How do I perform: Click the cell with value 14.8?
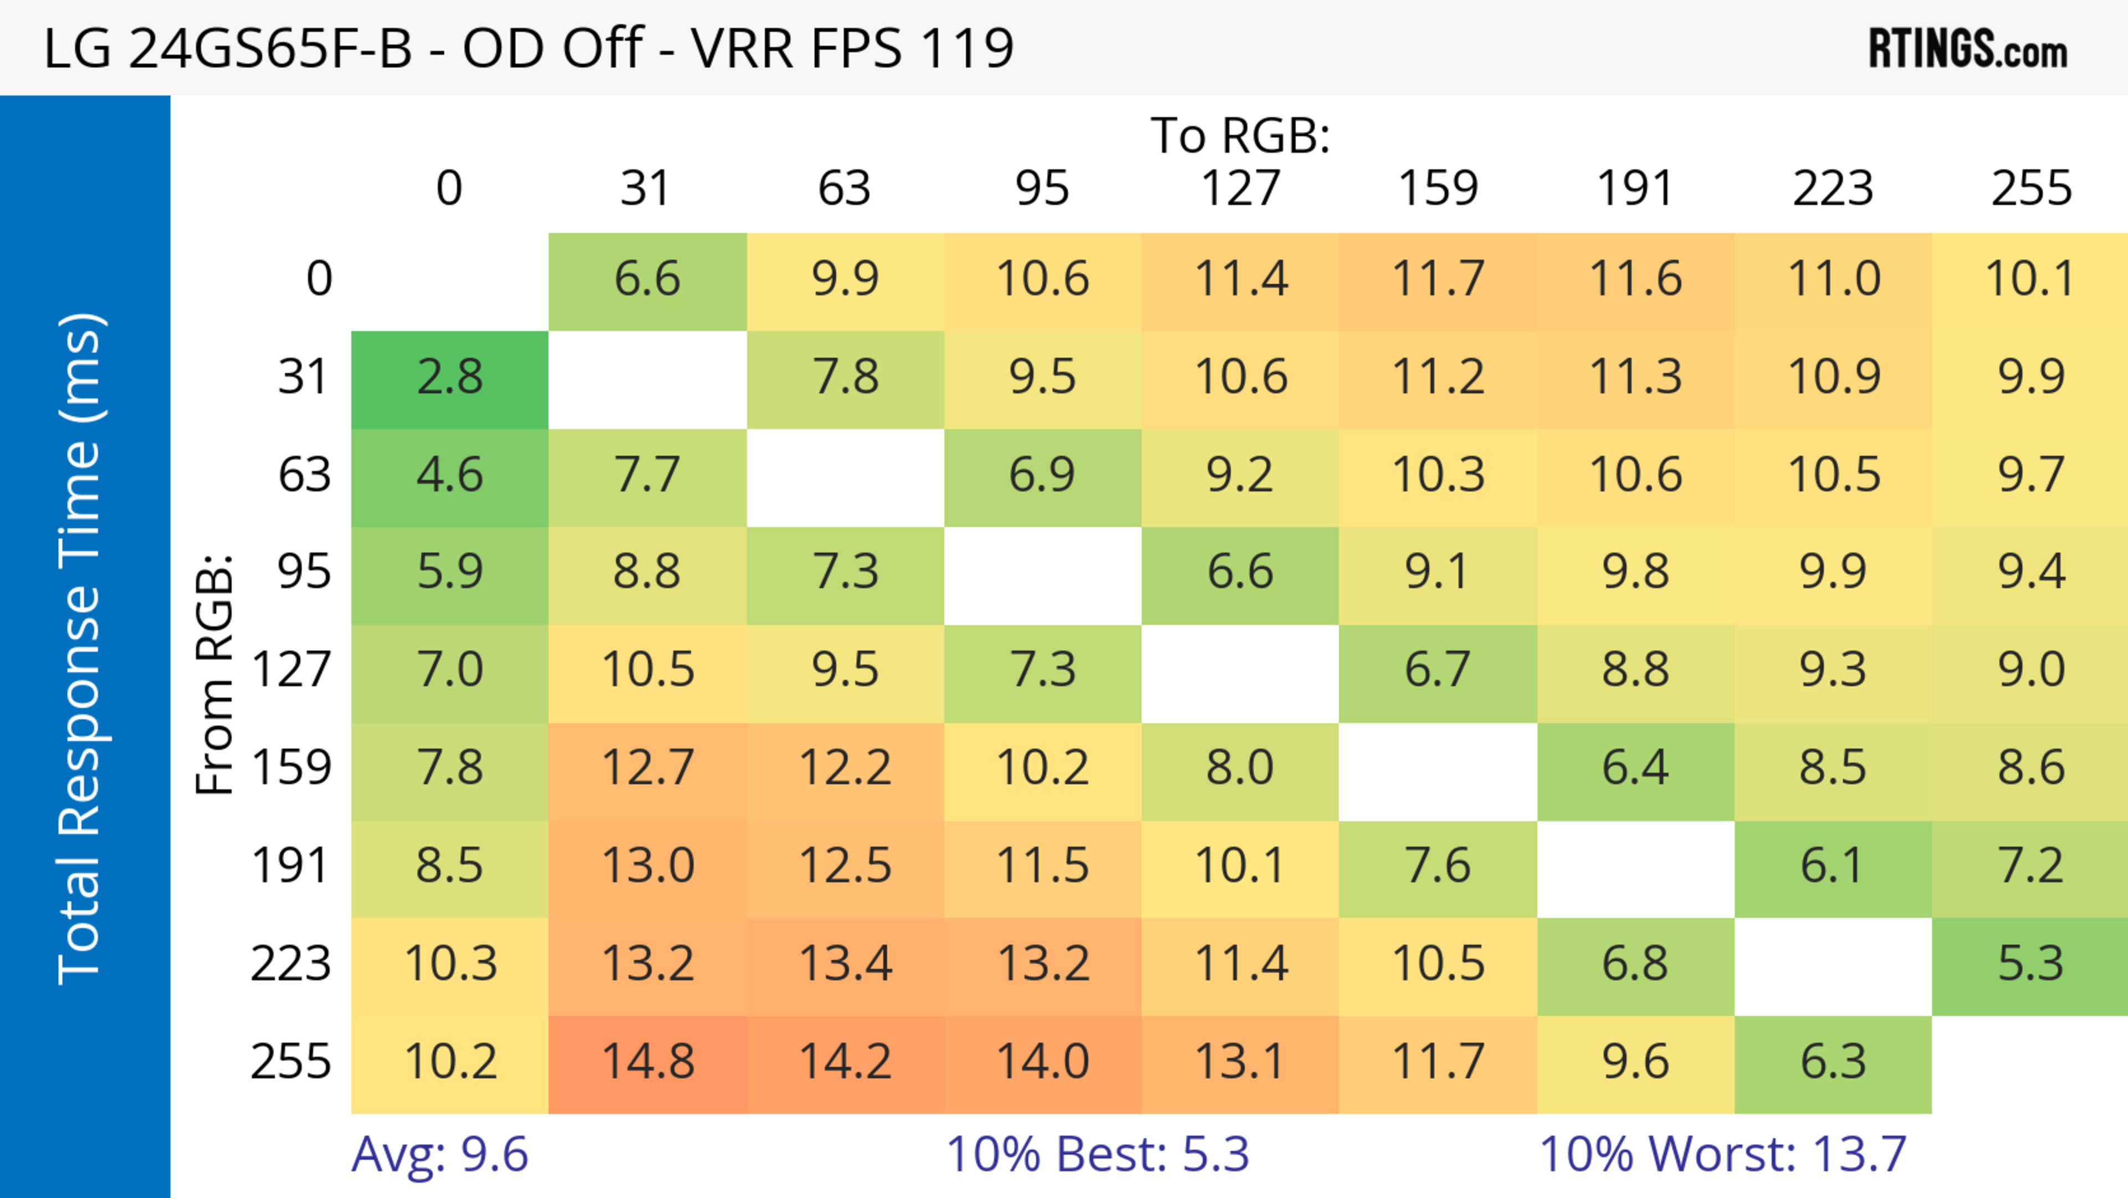(x=648, y=1063)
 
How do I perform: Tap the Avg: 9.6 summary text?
(x=439, y=1154)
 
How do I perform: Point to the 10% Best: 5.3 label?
(x=1097, y=1154)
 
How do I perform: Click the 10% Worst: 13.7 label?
(x=1722, y=1154)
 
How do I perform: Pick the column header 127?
(x=1240, y=188)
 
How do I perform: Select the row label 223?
(x=291, y=964)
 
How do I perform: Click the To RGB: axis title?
(x=1240, y=135)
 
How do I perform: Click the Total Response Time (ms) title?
(x=81, y=649)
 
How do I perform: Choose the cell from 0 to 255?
(x=2030, y=279)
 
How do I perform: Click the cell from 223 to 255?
(x=2030, y=964)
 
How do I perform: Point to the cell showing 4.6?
(x=449, y=476)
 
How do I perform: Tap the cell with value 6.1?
(x=1832, y=866)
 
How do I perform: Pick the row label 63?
(x=304, y=476)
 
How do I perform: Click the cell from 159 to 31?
(x=648, y=768)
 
